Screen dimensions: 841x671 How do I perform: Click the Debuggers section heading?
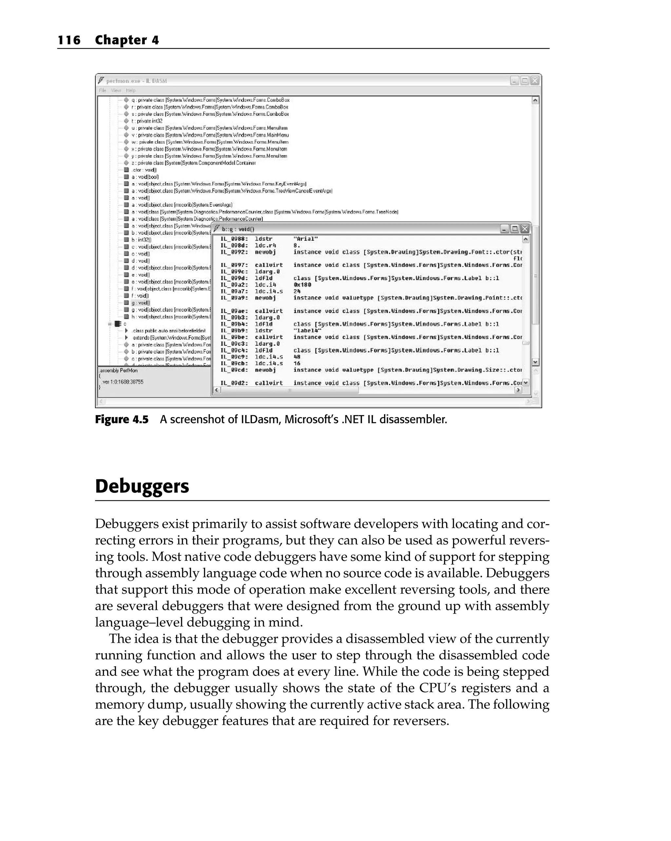[142, 486]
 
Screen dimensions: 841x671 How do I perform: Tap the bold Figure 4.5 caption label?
[121, 419]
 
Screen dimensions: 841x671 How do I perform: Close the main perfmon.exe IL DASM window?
[535, 81]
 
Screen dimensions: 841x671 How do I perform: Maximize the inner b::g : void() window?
[515, 229]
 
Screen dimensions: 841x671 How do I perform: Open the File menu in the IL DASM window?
[103, 90]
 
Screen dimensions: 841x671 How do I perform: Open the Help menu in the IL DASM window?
[131, 90]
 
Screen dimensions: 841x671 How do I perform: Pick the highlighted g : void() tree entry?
[140, 303]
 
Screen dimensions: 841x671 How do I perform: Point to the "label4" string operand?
[307, 330]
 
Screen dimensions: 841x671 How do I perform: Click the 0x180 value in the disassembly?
[302, 285]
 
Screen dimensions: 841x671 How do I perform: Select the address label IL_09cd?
[234, 370]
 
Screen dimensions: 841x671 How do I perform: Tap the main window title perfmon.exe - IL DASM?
[137, 81]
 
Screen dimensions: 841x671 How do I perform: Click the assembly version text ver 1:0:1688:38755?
[123, 382]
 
